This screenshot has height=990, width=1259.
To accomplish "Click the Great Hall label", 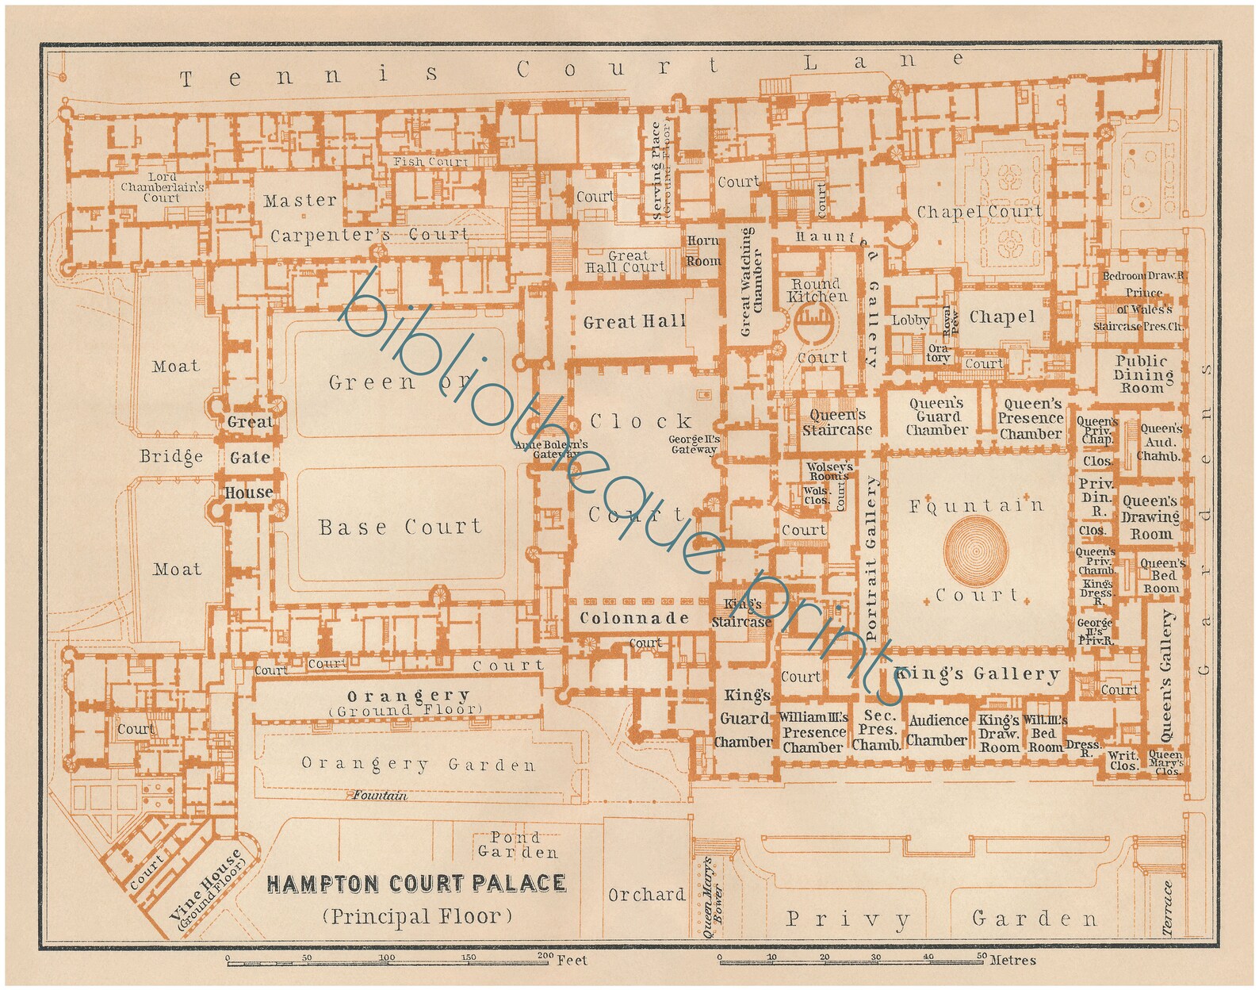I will click(634, 321).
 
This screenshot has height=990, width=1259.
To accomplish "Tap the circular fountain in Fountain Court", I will click(976, 548).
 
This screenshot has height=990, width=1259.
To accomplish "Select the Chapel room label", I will click(1001, 317).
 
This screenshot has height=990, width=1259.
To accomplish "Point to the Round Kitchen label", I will click(817, 290).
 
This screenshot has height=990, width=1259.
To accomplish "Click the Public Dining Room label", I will click(1142, 374).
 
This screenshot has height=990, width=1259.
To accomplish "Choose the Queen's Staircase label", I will click(836, 422).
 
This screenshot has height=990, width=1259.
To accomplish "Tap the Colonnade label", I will click(635, 618).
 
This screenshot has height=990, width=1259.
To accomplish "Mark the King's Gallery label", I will click(977, 674).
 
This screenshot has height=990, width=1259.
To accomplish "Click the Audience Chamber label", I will click(938, 731).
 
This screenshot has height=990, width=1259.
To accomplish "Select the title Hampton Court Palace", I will click(416, 884).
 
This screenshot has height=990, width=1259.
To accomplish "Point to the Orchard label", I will click(646, 895).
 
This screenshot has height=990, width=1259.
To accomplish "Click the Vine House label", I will click(208, 889).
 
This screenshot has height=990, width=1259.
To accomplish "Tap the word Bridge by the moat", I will click(171, 457).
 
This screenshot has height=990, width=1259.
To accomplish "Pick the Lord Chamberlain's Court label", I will click(163, 187).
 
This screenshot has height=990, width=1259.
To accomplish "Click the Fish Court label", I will click(431, 162).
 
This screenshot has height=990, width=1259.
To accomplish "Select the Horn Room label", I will click(703, 251).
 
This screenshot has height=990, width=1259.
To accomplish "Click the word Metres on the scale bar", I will click(1012, 961).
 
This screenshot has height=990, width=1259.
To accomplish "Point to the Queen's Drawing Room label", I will click(1150, 517).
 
